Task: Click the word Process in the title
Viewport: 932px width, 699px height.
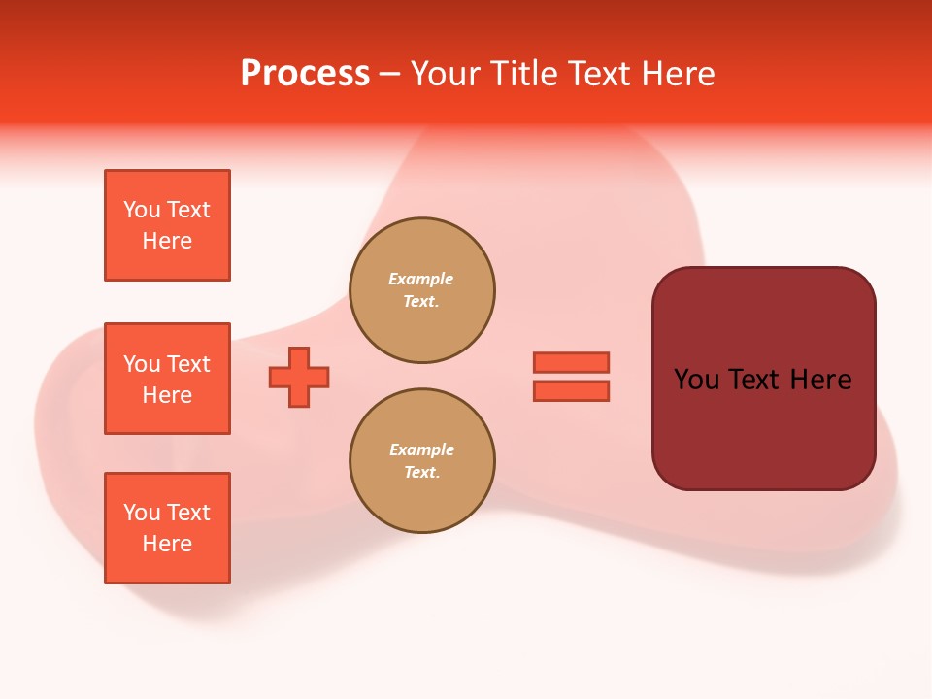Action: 305,74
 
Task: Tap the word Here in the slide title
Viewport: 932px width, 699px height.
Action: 681,74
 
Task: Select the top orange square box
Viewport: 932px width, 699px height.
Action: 167,225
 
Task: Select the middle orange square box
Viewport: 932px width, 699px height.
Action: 167,379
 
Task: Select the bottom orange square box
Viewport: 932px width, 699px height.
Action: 167,528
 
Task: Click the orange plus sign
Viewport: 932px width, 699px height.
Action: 299,377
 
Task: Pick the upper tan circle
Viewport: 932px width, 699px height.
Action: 422,290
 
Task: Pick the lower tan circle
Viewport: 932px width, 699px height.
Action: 422,461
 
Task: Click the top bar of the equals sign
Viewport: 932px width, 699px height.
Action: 571,362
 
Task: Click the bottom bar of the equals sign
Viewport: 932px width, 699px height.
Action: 571,391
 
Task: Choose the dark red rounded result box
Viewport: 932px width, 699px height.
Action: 763,379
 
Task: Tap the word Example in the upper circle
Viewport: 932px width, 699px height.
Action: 420,279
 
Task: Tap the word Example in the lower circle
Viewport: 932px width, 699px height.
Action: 421,449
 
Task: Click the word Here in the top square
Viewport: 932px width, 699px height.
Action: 167,241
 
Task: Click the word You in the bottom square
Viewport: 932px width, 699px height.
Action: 142,513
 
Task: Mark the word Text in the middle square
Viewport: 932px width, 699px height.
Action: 187,364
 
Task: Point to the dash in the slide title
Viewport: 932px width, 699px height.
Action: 389,74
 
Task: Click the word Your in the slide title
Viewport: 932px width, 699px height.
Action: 446,74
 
